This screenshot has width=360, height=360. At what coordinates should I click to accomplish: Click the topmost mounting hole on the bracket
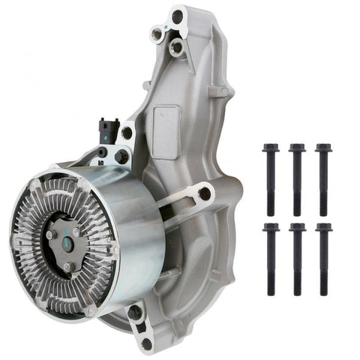pos(178,16)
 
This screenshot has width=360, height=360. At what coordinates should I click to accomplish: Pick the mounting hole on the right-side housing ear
pos(204,193)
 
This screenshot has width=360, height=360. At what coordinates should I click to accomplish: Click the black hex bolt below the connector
pos(121,155)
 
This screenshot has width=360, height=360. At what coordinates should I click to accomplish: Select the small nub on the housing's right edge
pos(223,91)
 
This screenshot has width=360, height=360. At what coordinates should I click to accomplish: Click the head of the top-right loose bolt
pos(323,148)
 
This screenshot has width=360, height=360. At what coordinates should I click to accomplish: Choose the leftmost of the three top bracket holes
pos(157,34)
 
